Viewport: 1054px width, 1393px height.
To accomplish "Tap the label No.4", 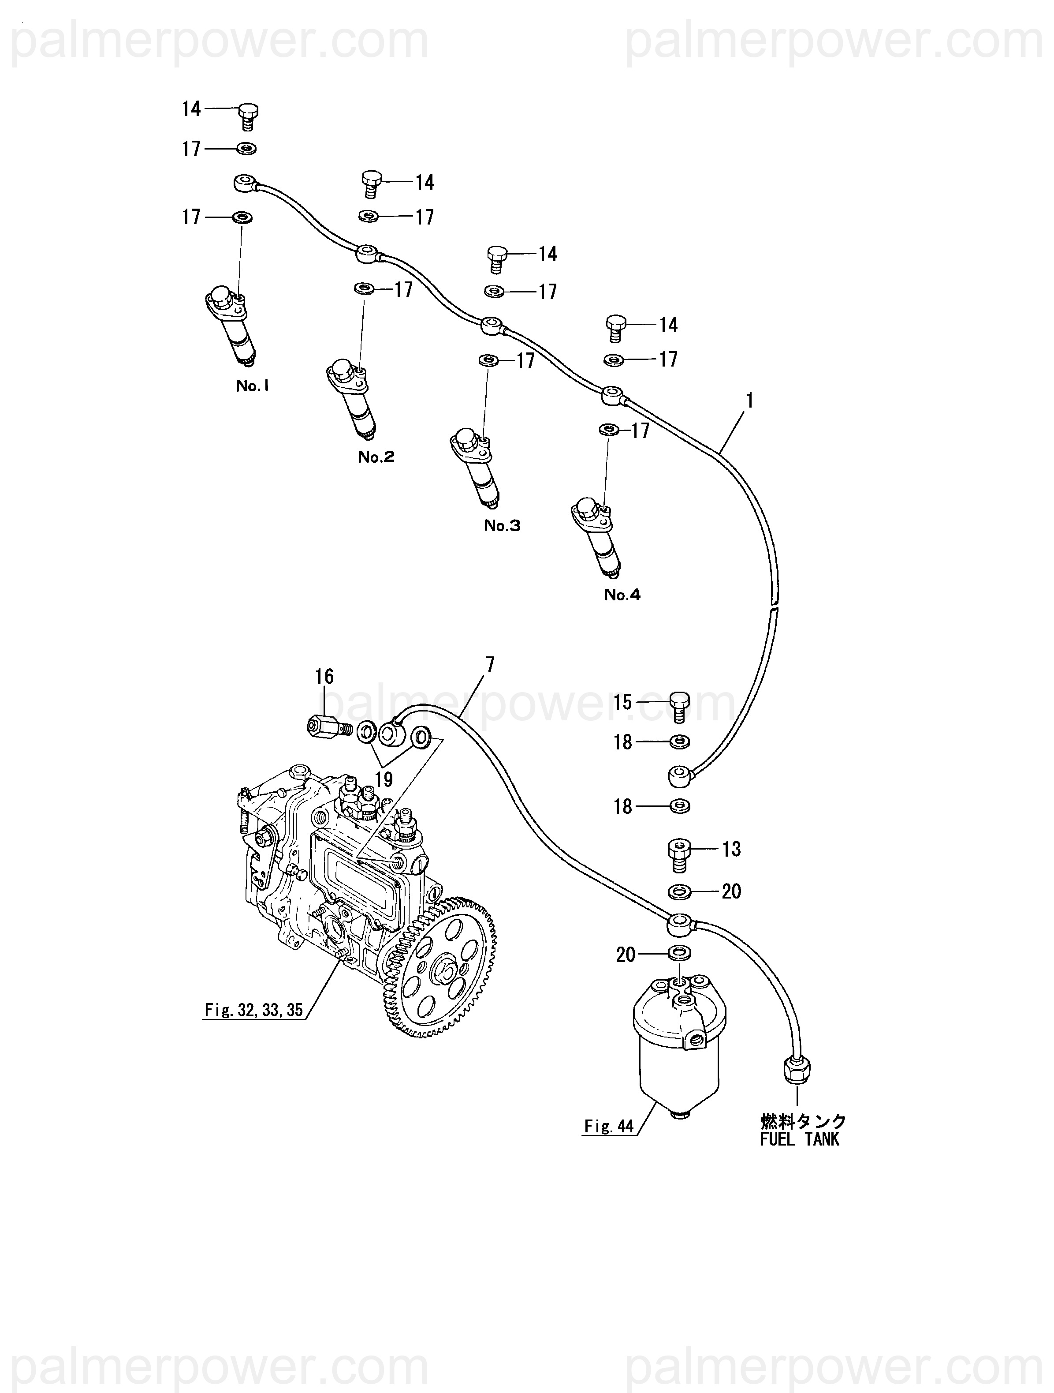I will [622, 595].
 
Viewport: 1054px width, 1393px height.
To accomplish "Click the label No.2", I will [376, 457].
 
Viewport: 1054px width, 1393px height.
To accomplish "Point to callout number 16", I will [324, 677].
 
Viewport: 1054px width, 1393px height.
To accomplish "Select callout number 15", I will [622, 702].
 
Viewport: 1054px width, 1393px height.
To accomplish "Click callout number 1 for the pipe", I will [749, 401].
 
